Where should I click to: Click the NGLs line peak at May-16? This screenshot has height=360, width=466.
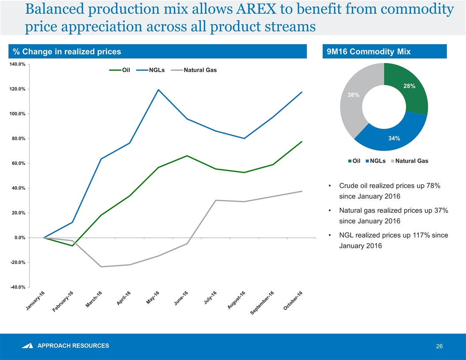158,90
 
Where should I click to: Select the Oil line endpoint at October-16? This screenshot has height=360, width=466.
302,142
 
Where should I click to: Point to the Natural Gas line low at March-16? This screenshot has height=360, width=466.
101,266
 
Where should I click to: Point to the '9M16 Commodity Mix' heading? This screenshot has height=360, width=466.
368,52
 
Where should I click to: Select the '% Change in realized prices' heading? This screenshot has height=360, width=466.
67,52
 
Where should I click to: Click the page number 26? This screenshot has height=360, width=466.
439,346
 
